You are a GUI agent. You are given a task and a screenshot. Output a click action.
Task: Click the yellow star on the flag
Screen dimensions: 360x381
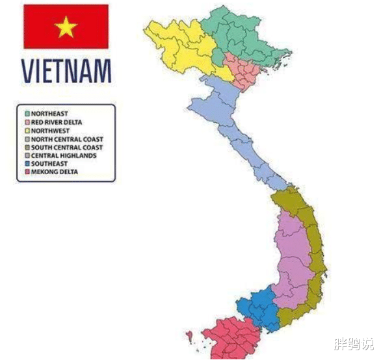(66, 27)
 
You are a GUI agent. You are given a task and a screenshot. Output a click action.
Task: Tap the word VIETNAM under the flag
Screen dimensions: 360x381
(66, 71)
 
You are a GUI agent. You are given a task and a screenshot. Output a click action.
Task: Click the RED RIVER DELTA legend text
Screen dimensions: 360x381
(57, 122)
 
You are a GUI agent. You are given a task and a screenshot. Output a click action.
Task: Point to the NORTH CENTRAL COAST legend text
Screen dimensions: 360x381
(67, 139)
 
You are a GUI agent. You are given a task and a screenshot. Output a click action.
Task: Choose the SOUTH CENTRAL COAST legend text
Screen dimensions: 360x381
(67, 148)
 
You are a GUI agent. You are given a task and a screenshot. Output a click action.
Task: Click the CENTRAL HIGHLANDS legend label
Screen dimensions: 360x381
(64, 156)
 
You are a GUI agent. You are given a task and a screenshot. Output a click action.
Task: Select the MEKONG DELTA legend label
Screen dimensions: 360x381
(55, 172)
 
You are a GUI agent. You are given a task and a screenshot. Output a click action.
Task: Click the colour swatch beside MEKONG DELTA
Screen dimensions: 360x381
(27, 172)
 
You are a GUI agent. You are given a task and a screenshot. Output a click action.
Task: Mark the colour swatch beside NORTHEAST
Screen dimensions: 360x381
(27, 114)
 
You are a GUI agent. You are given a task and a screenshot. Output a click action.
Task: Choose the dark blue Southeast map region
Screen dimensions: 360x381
(257, 309)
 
